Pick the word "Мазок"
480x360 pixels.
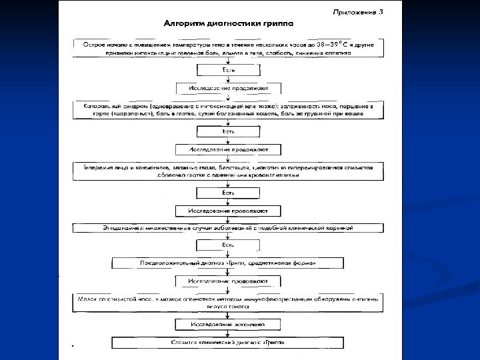pos(91,299)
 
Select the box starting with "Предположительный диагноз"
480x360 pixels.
pos(227,264)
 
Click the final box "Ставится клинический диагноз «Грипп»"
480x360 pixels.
pos(228,343)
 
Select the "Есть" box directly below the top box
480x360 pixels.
pos(228,69)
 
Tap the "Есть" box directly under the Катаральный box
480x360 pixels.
pos(228,131)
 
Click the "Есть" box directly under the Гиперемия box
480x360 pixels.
pos(228,193)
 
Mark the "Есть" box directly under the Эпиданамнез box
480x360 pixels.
pos(228,245)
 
